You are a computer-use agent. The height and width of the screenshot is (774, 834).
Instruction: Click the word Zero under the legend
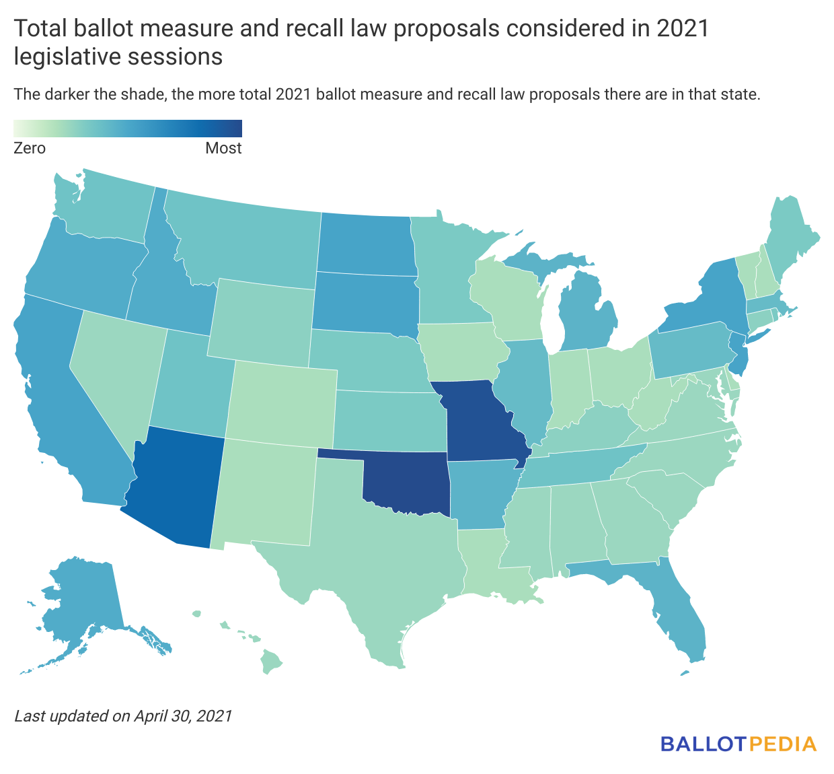30,148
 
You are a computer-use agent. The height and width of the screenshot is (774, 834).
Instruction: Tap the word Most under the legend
223,148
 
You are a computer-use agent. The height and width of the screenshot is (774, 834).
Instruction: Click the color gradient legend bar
128,128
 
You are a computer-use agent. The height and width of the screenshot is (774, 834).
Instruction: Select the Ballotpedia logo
738,744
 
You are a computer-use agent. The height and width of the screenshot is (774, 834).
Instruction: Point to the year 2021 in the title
682,29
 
